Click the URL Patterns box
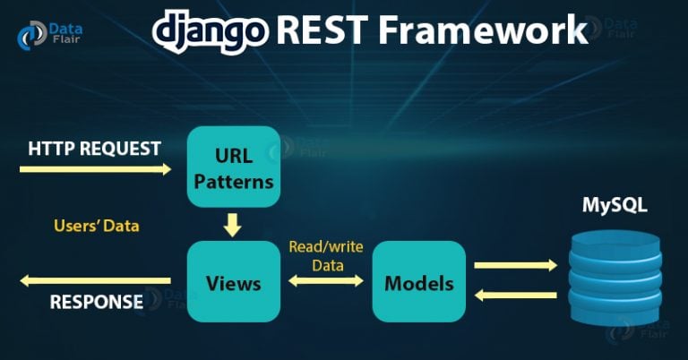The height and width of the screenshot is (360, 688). [x=234, y=167]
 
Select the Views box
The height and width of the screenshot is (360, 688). [x=234, y=281]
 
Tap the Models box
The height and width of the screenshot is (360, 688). [x=419, y=281]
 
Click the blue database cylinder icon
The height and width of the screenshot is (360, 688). [x=615, y=278]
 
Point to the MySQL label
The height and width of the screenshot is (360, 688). [x=615, y=205]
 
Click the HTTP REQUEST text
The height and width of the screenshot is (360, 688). [x=94, y=149]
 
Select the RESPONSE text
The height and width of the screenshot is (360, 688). [x=97, y=302]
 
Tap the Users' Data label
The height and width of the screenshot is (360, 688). [x=97, y=226]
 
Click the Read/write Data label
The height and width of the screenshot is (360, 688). [x=326, y=255]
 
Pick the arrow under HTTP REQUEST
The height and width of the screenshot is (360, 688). [x=95, y=169]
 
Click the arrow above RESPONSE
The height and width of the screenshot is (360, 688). [x=95, y=280]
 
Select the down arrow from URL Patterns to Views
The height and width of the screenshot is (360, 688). [x=233, y=225]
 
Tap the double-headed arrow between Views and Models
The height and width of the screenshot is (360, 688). [x=326, y=280]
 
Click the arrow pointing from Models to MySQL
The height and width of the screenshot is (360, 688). [x=516, y=265]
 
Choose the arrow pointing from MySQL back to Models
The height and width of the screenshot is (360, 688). [x=516, y=296]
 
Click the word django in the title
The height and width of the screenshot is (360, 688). [x=211, y=30]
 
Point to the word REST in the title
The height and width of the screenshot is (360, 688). [x=322, y=30]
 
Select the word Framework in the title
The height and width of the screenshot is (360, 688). [x=483, y=30]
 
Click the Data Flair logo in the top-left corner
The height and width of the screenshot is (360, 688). [x=49, y=34]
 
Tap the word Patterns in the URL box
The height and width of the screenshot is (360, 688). [x=234, y=182]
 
